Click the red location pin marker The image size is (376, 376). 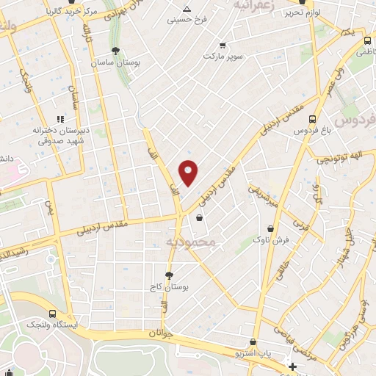pyautogui.click(x=189, y=172)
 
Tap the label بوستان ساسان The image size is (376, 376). pyautogui.click(x=115, y=64)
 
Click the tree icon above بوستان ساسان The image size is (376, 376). pyautogui.click(x=115, y=51)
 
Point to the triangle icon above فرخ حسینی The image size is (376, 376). pyautogui.click(x=187, y=9)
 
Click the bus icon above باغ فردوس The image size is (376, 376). pyautogui.click(x=314, y=118)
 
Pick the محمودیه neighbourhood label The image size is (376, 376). pyautogui.click(x=191, y=241)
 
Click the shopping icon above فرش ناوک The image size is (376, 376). pyautogui.click(x=272, y=227)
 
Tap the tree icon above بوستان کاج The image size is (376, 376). pyautogui.click(x=170, y=275)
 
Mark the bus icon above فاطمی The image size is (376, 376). pyautogui.click(x=365, y=40)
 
